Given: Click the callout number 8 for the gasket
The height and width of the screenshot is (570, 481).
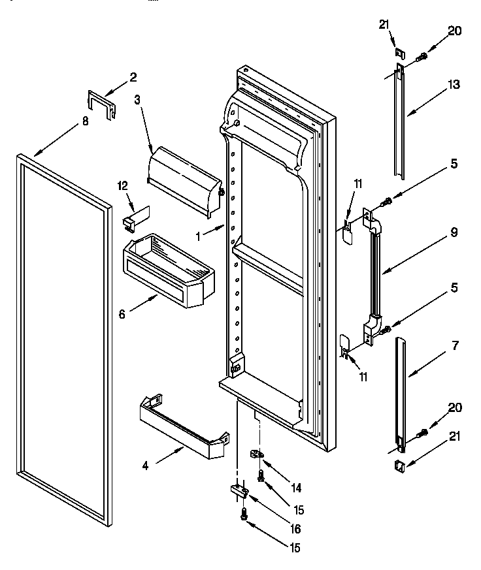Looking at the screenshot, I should click(85, 120).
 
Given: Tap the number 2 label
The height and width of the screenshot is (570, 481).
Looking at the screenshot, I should click(133, 77).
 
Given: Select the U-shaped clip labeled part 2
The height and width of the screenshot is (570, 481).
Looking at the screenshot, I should click(102, 103).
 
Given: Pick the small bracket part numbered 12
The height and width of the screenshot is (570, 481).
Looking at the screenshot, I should click(135, 218).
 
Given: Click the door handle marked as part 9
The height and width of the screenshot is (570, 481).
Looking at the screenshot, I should click(375, 274).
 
